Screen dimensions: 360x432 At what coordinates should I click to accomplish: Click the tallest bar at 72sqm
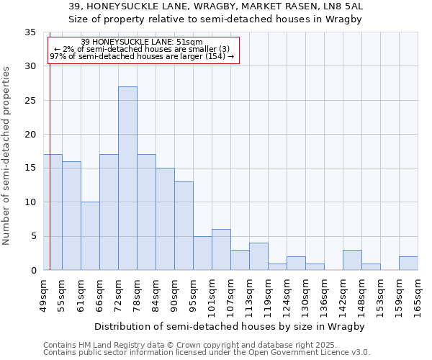tap(127, 179)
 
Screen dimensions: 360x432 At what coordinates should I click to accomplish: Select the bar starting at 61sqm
tap(90, 236)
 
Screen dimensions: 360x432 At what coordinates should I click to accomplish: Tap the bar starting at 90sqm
tap(184, 226)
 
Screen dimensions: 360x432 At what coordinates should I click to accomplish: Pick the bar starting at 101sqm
tap(221, 250)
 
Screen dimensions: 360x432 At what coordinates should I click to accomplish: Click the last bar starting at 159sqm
tap(408, 264)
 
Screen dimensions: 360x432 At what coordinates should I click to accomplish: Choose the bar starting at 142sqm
tap(352, 260)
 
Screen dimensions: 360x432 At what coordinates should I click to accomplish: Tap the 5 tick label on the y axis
tap(32, 237)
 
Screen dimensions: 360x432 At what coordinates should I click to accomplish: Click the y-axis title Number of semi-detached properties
tap(6, 156)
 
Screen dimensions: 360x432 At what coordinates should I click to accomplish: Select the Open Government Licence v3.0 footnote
tap(207, 353)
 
